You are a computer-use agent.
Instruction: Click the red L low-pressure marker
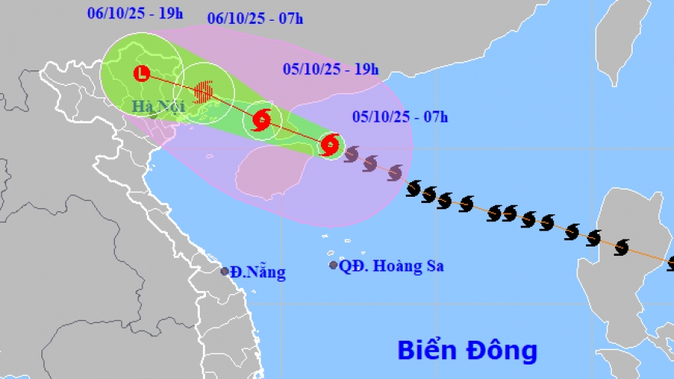click(x=142, y=74)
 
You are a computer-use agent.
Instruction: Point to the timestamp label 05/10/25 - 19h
click(x=331, y=69)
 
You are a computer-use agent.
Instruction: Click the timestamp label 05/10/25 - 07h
click(x=401, y=116)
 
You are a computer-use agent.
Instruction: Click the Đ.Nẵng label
click(x=257, y=271)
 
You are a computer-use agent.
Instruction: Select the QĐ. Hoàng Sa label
click(x=392, y=266)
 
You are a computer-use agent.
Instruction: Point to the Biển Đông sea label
click(x=467, y=351)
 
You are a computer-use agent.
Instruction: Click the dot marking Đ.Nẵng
click(x=224, y=271)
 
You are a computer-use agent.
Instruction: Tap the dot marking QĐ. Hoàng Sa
click(x=333, y=265)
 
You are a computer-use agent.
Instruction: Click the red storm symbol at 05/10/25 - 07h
click(x=330, y=144)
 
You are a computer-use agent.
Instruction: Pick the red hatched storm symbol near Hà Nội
click(x=204, y=92)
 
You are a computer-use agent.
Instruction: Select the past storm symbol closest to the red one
click(x=352, y=155)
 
